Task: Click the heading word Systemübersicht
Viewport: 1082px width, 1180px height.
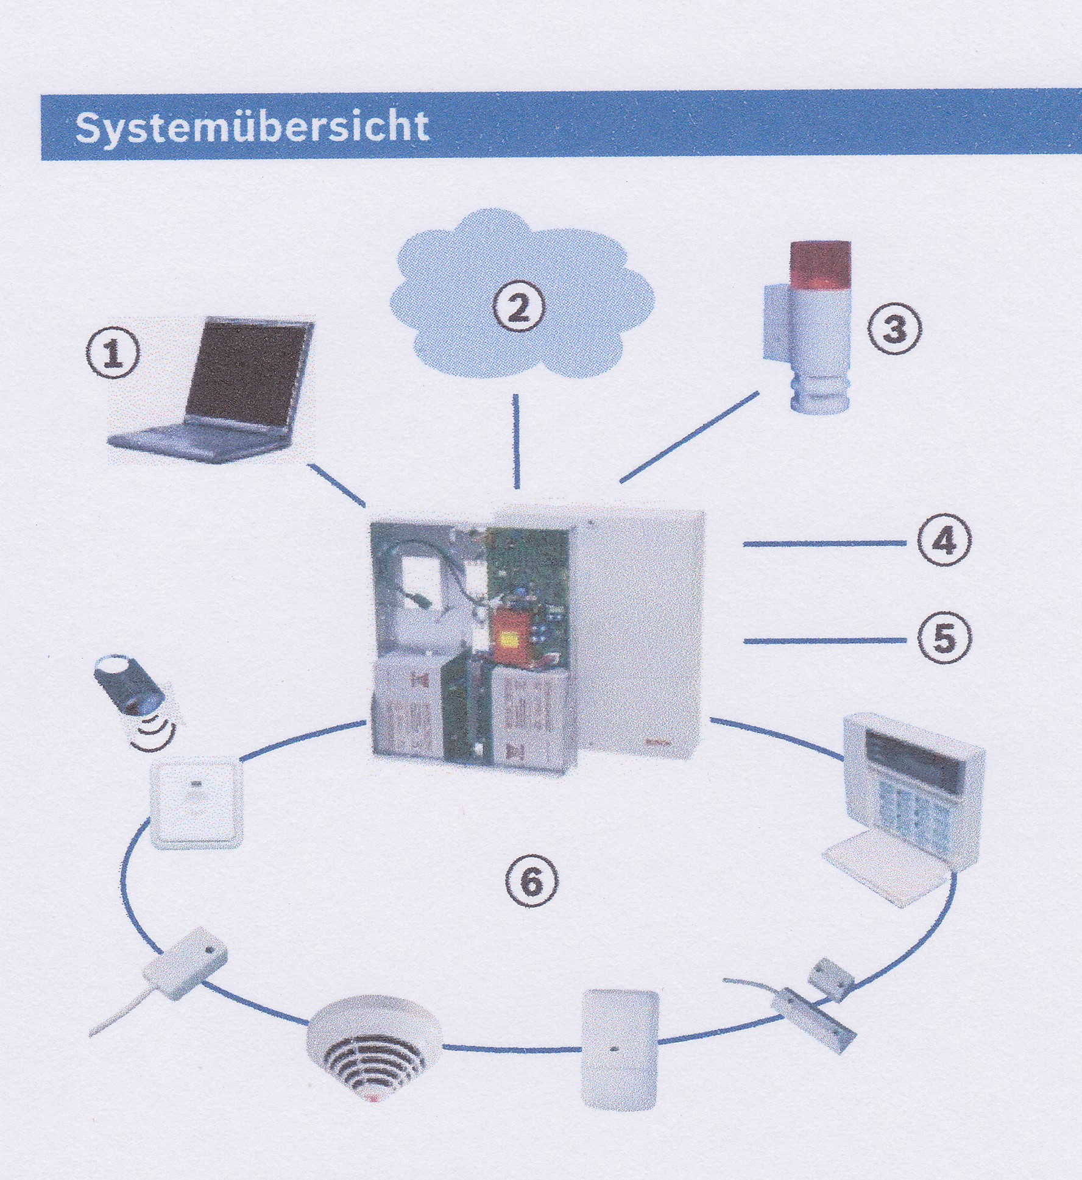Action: click(252, 127)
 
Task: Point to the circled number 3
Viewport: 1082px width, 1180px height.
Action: click(894, 330)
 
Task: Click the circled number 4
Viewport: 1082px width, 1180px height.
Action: click(944, 541)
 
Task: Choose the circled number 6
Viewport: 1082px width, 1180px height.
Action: click(531, 881)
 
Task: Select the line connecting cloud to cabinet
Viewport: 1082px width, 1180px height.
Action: click(516, 441)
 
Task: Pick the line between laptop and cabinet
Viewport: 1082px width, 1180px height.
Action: click(337, 484)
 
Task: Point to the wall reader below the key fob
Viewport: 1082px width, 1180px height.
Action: click(196, 803)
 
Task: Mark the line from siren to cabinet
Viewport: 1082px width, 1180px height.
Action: click(689, 437)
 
